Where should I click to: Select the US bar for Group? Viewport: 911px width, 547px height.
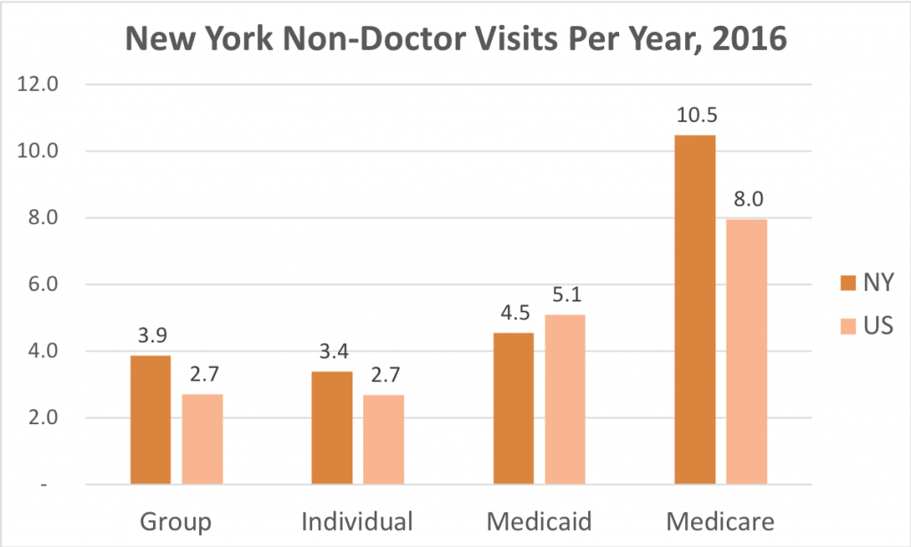(x=204, y=439)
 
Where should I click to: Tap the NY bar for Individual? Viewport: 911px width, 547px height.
(x=332, y=428)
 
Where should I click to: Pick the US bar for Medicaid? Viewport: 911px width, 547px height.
(x=565, y=399)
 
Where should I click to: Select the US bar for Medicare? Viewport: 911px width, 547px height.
(x=746, y=351)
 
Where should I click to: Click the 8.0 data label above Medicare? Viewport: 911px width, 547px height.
(x=746, y=201)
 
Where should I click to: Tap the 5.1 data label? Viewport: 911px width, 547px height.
(x=565, y=297)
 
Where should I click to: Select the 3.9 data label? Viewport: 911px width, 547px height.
(x=150, y=338)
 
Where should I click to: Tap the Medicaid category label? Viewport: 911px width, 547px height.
(x=539, y=520)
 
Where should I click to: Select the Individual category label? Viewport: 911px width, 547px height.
(x=358, y=520)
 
